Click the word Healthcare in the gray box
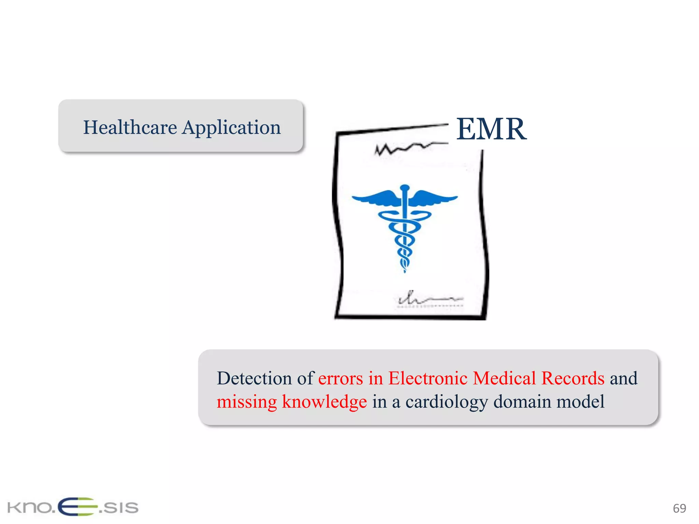[x=130, y=128]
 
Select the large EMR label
[x=491, y=129]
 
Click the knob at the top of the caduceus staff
[x=405, y=188]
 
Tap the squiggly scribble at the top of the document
[x=406, y=148]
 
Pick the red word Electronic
[x=428, y=378]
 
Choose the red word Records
[x=573, y=378]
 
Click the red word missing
[x=246, y=402]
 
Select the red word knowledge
[x=324, y=402]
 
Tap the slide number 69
[x=679, y=508]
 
